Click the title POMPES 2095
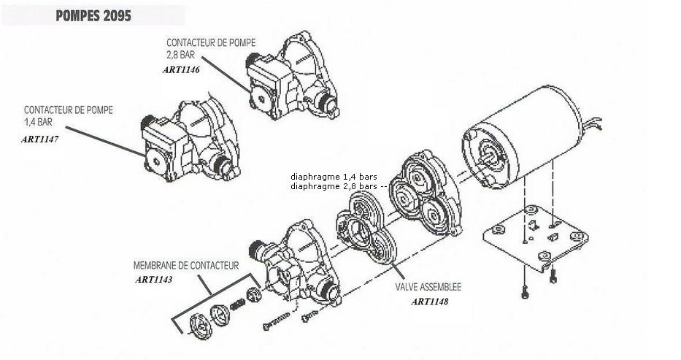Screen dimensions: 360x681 point(93,16)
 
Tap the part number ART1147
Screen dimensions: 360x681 point(40,138)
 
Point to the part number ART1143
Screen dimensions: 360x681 point(154,279)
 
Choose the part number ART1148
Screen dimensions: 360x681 point(429,301)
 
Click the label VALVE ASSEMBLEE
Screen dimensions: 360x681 point(428,287)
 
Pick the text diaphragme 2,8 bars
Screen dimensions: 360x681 point(335,186)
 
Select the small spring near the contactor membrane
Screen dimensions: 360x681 point(238,304)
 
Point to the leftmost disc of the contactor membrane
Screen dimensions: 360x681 point(199,326)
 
